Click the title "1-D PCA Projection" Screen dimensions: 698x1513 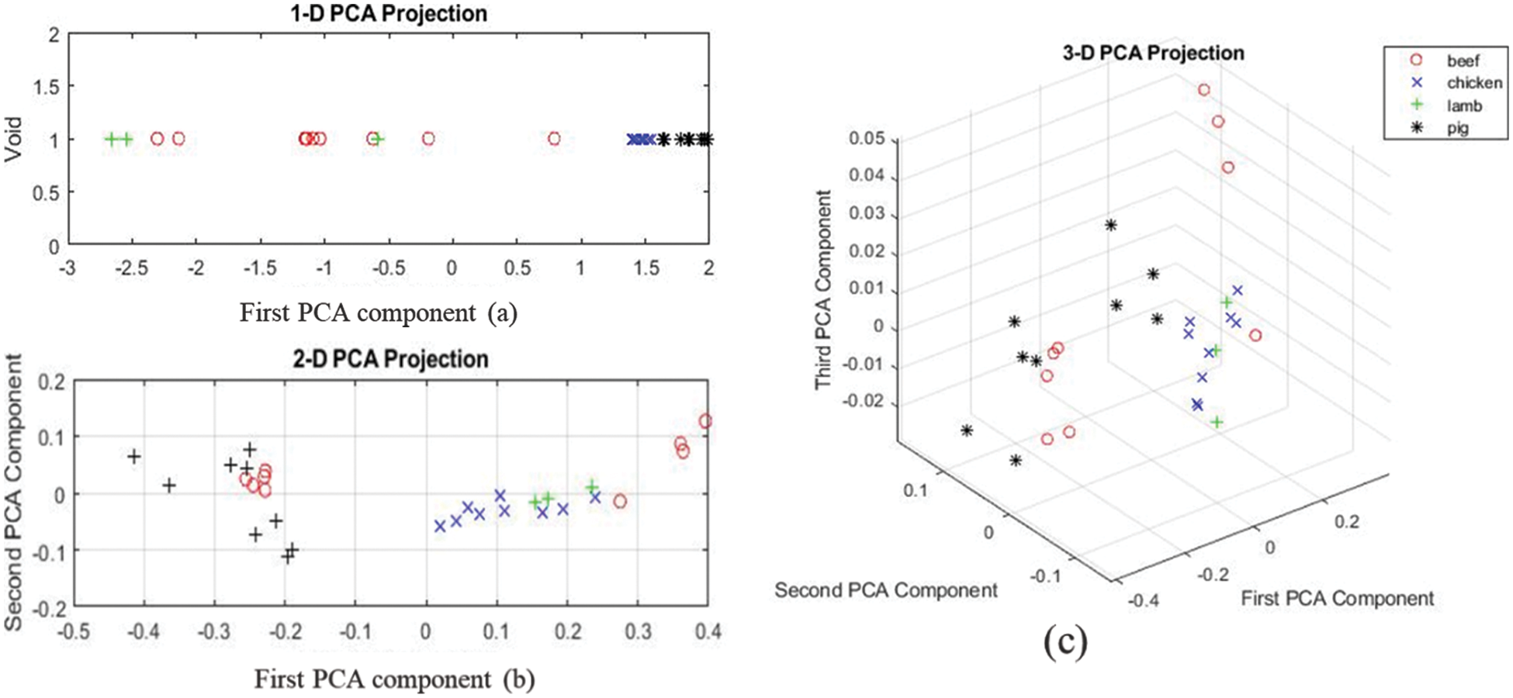(389, 13)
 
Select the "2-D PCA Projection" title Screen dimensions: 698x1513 (390, 359)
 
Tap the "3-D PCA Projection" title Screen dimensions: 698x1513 (1153, 53)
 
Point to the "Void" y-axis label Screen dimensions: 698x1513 (13, 140)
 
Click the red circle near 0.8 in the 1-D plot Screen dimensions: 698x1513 (553, 139)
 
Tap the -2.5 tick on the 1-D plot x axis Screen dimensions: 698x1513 (131, 268)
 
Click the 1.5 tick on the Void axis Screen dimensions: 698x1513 (46, 87)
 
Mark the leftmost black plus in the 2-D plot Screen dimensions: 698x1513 (134, 456)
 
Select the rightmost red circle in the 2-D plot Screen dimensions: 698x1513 (705, 421)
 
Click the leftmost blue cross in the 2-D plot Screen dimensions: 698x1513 (440, 526)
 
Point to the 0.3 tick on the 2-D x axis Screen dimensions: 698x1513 (638, 631)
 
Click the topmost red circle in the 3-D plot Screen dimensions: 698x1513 (1203, 90)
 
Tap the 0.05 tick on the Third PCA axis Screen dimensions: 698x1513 (867, 138)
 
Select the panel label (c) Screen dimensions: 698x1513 (1065, 642)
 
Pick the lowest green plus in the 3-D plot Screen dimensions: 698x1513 (1217, 422)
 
